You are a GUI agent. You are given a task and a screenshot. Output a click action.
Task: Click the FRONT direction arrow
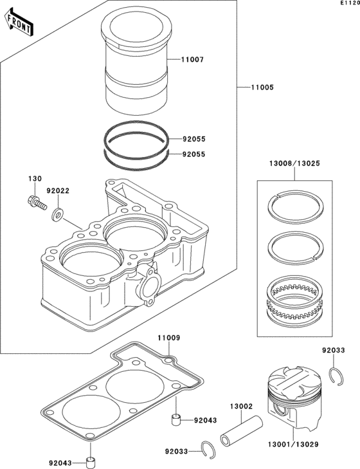[19, 22]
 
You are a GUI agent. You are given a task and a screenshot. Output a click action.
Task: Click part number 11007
[193, 60]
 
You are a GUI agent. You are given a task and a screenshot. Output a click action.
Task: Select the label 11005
[262, 87]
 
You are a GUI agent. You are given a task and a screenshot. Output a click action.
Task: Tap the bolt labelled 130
[37, 203]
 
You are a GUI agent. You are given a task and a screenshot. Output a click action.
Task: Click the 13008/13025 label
[294, 163]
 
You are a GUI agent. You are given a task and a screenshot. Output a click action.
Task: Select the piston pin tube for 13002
[242, 430]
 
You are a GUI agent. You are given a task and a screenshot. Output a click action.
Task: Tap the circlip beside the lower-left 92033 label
[208, 448]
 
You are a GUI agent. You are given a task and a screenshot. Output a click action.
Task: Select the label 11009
[169, 338]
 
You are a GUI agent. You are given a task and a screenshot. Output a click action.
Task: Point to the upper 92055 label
[194, 139]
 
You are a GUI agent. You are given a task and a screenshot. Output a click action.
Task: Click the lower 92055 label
[194, 154]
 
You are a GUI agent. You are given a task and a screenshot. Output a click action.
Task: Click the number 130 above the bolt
[35, 179]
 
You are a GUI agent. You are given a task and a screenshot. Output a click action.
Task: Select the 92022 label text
[58, 191]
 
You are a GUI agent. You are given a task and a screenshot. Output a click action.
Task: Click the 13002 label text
[241, 407]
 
